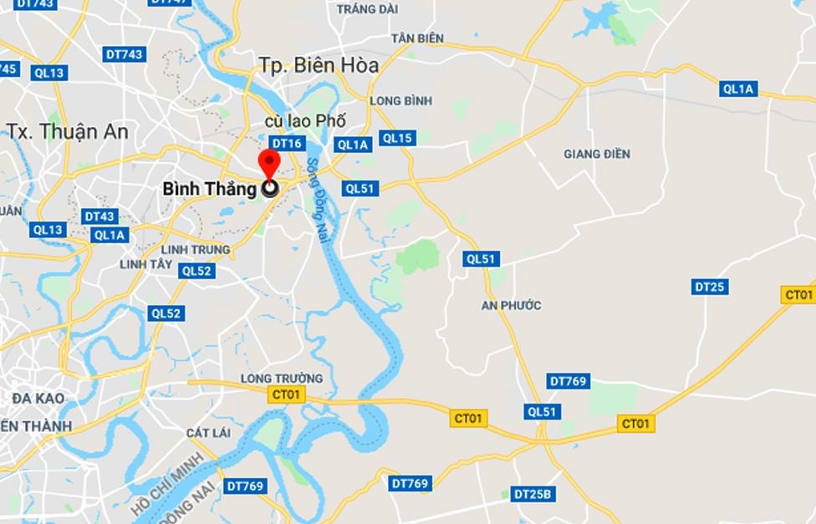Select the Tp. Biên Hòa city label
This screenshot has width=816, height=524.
(x=319, y=65)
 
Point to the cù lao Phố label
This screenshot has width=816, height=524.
(x=305, y=122)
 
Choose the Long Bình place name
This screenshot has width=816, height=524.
(x=400, y=101)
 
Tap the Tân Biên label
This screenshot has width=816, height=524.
(x=417, y=39)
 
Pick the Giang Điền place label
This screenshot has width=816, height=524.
(x=597, y=154)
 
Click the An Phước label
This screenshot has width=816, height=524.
(x=511, y=305)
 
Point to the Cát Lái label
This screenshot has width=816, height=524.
(x=208, y=432)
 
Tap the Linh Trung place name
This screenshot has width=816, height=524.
(x=196, y=250)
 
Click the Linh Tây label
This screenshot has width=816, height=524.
(x=145, y=264)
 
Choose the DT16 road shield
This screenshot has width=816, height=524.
(x=286, y=144)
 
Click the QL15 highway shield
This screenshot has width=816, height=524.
(x=396, y=138)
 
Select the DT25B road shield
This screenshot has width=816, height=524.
(x=533, y=494)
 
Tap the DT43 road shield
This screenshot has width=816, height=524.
(x=99, y=216)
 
